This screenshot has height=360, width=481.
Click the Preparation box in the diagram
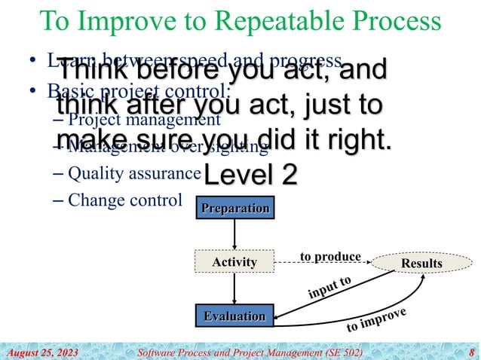(x=234, y=208)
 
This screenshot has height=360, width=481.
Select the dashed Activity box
(x=234, y=263)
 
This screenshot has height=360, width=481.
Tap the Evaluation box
(x=234, y=316)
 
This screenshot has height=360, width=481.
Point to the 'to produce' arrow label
(x=330, y=256)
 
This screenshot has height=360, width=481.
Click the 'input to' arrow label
(x=330, y=289)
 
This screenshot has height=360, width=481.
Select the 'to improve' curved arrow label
(x=376, y=320)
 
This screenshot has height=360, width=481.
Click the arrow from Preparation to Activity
(x=234, y=233)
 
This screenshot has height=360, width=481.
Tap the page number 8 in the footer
(x=471, y=352)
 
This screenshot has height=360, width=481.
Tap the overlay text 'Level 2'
(x=250, y=174)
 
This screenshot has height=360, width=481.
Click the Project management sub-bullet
(x=143, y=119)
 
